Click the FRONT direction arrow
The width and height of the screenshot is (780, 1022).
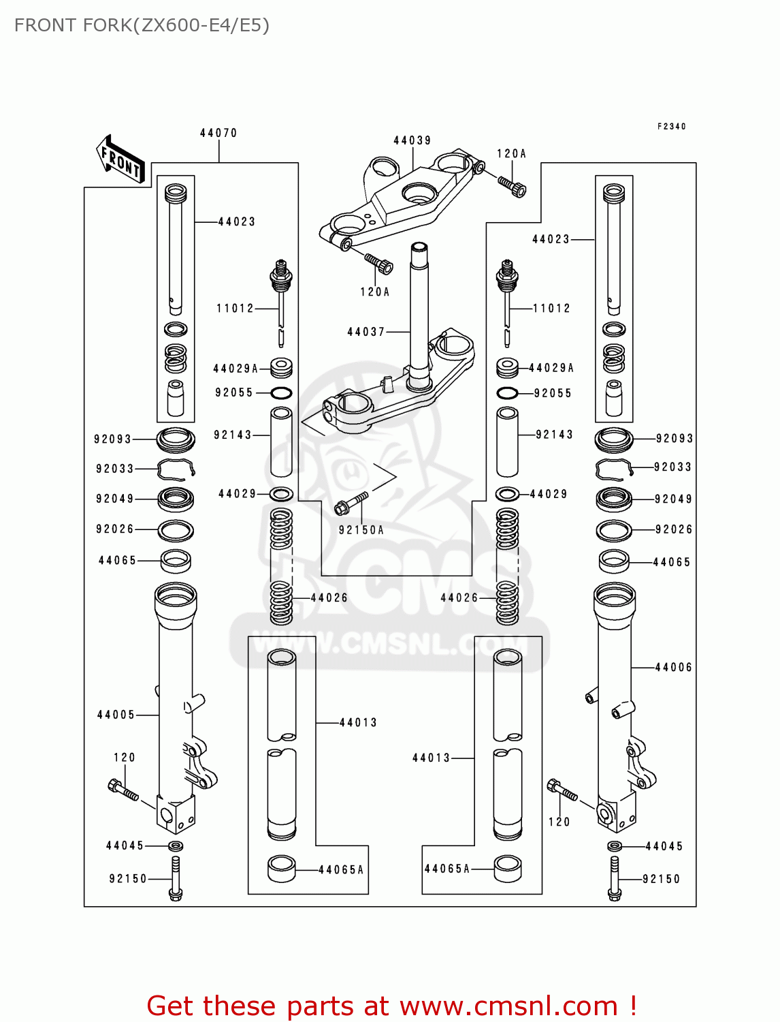[x=120, y=159]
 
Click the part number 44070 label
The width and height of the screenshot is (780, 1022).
[x=218, y=133]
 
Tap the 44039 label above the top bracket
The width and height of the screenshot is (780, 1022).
[x=412, y=140]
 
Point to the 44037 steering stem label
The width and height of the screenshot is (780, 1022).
[x=366, y=332]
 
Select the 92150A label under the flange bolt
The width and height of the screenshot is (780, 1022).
[x=361, y=529]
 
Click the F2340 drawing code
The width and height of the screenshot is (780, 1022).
[x=672, y=126]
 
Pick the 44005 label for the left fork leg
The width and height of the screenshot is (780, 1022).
[x=116, y=715]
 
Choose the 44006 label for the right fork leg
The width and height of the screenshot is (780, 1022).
[x=673, y=667]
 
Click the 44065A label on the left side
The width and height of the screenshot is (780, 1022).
[x=341, y=869]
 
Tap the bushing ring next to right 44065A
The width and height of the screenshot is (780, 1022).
[x=508, y=869]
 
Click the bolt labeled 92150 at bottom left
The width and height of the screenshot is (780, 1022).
[x=176, y=880]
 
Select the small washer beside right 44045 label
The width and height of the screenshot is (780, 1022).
[x=615, y=846]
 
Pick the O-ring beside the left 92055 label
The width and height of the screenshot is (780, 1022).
[x=281, y=393]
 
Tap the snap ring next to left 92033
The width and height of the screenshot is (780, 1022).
[x=176, y=469]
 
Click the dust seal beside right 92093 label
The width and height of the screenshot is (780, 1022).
[x=614, y=439]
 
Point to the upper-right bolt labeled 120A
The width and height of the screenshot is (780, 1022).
[x=512, y=186]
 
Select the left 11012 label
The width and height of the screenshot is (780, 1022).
[x=235, y=308]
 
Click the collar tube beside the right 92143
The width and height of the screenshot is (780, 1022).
[x=507, y=442]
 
